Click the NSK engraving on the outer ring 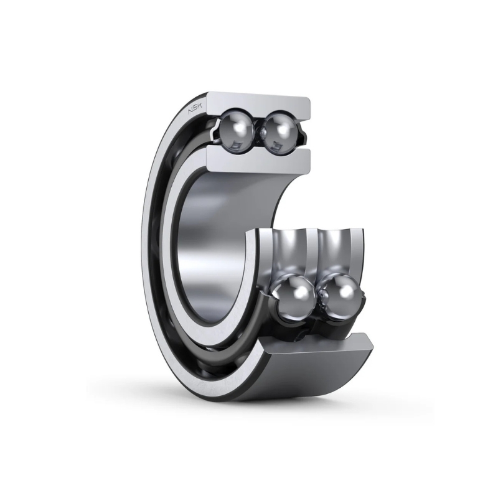pos(195,108)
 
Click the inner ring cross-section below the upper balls pos(258,158)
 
